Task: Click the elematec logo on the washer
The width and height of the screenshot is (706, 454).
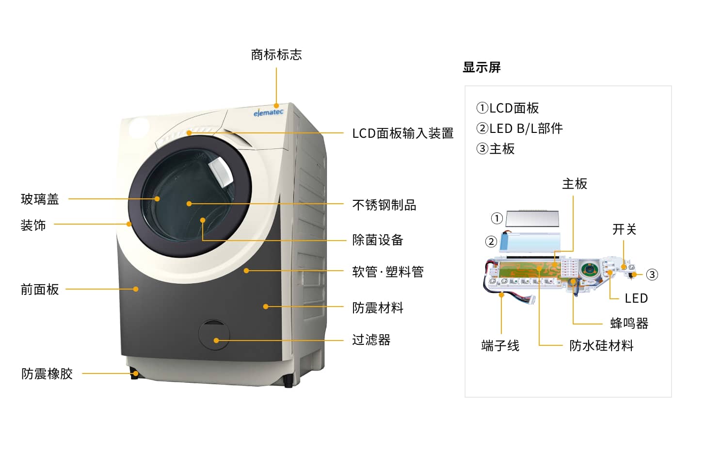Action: coord(268,113)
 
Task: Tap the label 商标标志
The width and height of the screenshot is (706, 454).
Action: coord(276,55)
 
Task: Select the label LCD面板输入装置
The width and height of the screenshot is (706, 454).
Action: coord(402,133)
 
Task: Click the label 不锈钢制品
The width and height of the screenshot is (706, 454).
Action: coord(384,205)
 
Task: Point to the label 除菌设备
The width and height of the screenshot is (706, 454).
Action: coord(378,240)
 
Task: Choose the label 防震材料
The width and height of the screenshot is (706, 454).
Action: coord(378,308)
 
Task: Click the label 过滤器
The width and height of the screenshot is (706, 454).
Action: coord(371,340)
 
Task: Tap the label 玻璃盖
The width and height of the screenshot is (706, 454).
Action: coord(40,199)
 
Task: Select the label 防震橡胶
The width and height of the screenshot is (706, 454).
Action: coord(47,373)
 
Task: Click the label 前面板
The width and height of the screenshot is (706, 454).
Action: coord(40,290)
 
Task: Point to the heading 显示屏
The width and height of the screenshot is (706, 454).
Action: coord(481,67)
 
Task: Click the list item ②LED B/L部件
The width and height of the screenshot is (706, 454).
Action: coord(519,129)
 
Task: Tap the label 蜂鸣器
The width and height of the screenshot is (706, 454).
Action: coord(629,323)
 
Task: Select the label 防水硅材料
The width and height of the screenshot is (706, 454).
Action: coord(601,345)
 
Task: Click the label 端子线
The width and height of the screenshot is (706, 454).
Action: coord(500,345)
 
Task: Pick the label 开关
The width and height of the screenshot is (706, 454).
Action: coord(624,229)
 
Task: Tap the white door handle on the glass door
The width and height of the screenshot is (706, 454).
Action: coord(222,171)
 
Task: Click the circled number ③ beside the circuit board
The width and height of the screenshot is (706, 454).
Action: coord(652,275)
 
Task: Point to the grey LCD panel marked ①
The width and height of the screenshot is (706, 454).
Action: coord(532,218)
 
